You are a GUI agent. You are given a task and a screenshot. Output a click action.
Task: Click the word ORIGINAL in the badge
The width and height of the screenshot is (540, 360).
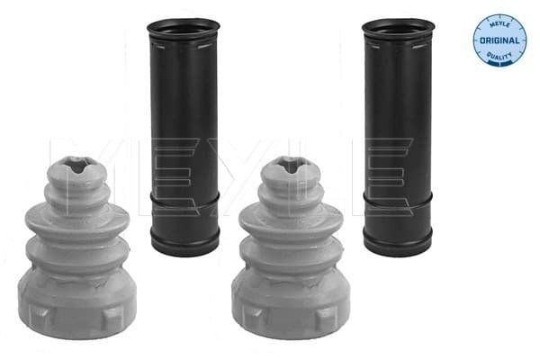[x=499, y=40]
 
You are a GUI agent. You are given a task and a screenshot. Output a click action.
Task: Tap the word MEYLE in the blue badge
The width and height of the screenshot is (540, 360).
[x=499, y=24]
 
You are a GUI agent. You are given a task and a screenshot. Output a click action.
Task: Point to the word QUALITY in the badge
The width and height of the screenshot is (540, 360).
[x=499, y=56]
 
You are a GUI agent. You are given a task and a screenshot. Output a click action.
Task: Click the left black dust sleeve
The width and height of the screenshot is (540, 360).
[x=184, y=137]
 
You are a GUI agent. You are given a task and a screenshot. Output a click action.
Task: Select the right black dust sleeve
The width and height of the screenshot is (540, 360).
[x=398, y=137]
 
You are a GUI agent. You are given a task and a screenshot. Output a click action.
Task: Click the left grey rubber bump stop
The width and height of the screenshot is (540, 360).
[x=77, y=248]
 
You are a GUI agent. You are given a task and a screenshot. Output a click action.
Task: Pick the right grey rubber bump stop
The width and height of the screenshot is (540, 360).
[x=292, y=248]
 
